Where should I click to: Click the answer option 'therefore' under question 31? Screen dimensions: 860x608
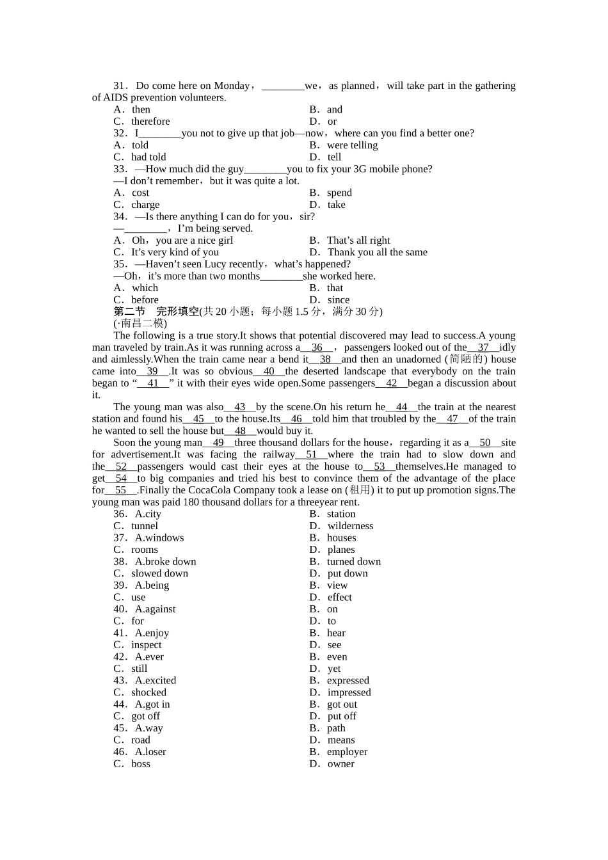[150, 122]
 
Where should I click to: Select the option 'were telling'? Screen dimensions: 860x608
[352, 145]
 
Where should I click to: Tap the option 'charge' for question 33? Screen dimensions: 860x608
[145, 205]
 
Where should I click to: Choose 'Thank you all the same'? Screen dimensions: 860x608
[377, 252]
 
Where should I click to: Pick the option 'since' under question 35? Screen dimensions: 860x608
[338, 300]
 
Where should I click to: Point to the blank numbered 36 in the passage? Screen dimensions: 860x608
[317, 347]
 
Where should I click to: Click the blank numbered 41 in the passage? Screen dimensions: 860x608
[153, 383]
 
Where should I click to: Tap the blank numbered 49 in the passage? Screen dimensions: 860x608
[218, 443]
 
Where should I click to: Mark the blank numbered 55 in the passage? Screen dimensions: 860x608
[120, 490]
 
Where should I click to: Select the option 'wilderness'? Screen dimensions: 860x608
[350, 526]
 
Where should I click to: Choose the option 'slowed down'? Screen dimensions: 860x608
[159, 573]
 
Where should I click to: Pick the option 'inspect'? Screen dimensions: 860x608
[146, 645]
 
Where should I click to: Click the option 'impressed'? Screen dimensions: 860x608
[349, 692]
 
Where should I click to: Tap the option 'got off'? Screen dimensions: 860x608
[145, 716]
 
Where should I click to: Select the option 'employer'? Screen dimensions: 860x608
[347, 752]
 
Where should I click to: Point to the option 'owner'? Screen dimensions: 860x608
[340, 764]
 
